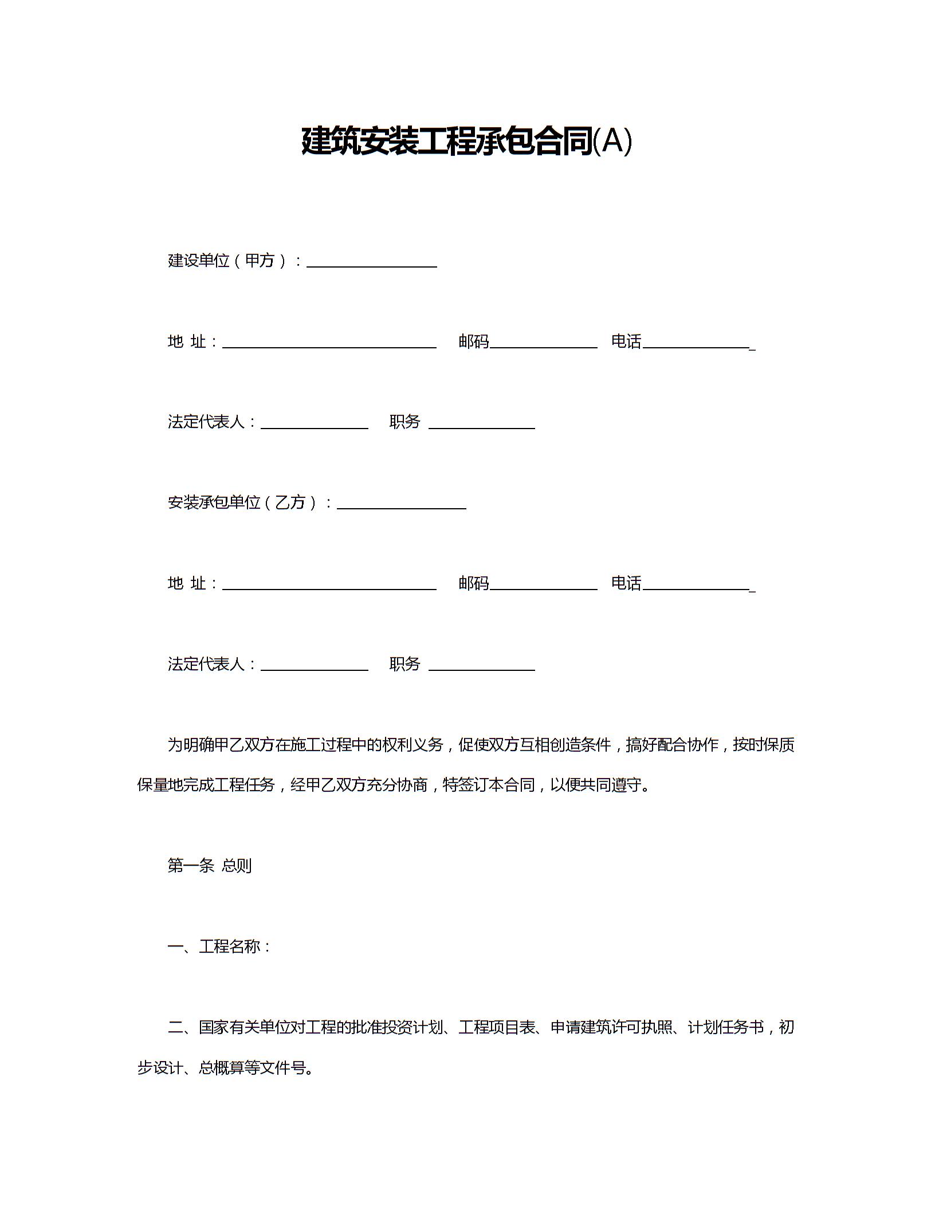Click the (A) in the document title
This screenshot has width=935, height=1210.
click(612, 141)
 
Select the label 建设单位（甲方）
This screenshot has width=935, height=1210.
click(228, 261)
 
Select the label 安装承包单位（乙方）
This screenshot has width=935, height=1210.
click(243, 502)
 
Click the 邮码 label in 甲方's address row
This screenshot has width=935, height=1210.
click(473, 341)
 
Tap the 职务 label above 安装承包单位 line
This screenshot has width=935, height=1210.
click(404, 422)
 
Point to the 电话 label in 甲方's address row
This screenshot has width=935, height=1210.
click(626, 341)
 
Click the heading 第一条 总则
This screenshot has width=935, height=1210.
click(209, 865)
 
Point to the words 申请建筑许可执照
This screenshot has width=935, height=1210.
click(611, 1027)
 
